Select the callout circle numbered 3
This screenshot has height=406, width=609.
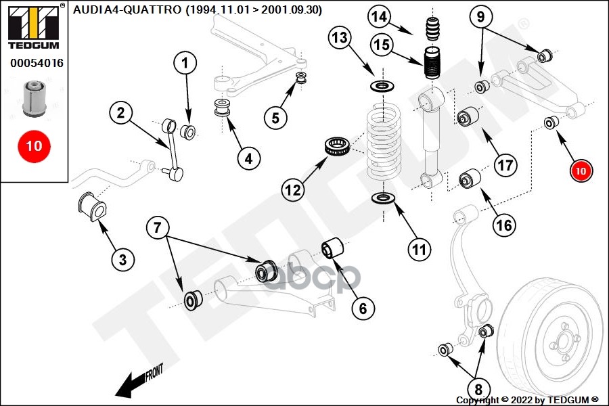[122, 259]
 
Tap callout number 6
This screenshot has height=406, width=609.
[362, 309]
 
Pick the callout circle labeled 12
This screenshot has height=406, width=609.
[292, 190]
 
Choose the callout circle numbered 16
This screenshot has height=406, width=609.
[503, 225]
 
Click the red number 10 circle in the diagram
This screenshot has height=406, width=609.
[581, 172]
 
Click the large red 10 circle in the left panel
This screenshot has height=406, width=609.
[33, 145]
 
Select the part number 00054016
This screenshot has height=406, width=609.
[37, 63]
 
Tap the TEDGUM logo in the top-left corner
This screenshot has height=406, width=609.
[32, 26]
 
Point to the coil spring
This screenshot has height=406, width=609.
[384, 145]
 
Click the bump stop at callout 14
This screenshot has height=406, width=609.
[432, 32]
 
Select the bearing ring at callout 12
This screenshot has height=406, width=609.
[336, 147]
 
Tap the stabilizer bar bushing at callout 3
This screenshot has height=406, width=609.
[91, 207]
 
